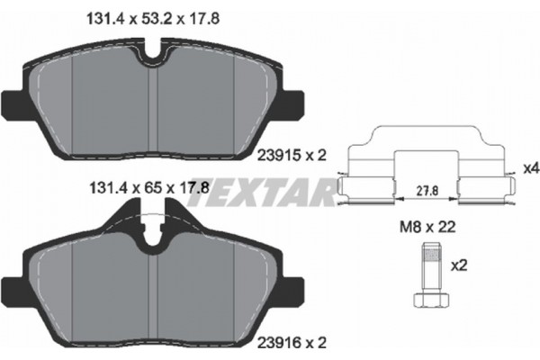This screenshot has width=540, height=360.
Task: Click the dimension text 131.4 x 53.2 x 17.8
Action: [x=153, y=19]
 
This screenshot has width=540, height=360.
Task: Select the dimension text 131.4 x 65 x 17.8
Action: [x=149, y=188]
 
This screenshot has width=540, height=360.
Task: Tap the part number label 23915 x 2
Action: [x=292, y=156]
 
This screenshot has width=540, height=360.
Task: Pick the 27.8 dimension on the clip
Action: [x=427, y=191]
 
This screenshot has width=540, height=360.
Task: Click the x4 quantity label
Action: [x=530, y=169]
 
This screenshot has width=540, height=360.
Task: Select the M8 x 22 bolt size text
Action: [x=427, y=227]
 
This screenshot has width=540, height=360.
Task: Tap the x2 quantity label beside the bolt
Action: [x=459, y=265]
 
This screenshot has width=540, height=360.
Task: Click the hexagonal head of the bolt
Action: [x=430, y=300]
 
